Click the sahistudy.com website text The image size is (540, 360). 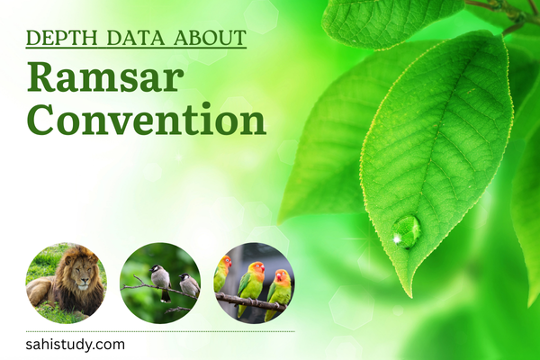(76, 344)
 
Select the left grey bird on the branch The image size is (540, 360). (159, 280)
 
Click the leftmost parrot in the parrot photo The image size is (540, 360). (222, 274)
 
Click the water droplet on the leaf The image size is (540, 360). (406, 231)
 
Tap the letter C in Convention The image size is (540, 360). (41, 120)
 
